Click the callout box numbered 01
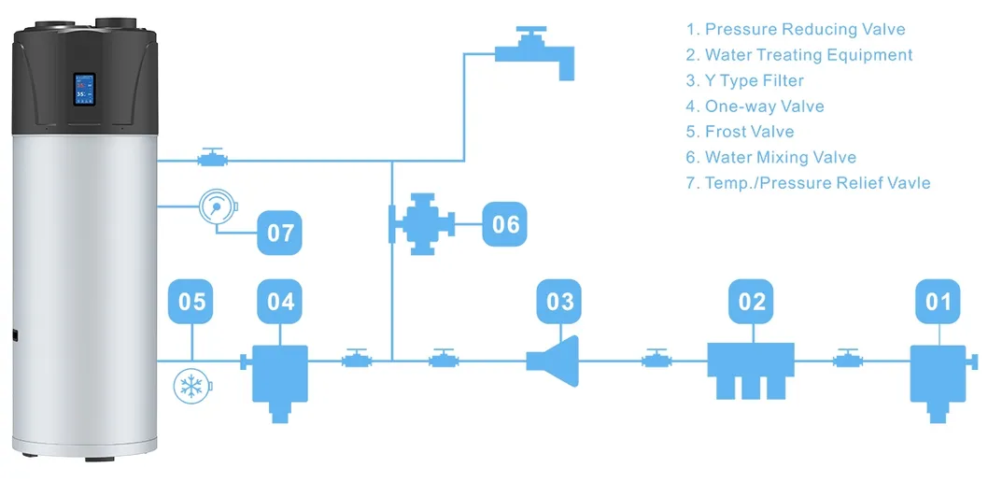pos(938,301)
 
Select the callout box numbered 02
pos(752,301)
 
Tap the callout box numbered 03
pos(559,301)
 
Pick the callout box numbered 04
pos(280,301)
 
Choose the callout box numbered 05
pos(191,301)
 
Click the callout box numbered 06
pos(506,224)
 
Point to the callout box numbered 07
pos(280,232)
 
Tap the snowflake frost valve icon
pos(192,387)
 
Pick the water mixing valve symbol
pos(422,224)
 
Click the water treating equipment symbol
pos(751,368)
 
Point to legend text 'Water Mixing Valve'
pos(780,157)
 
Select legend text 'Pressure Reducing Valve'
pos(804,30)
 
